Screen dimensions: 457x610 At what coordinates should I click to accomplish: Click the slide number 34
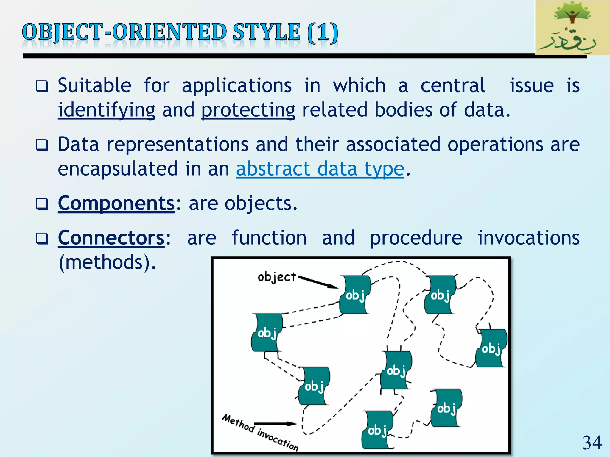pos(592,443)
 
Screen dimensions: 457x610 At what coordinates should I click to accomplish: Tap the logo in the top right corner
pos(572,28)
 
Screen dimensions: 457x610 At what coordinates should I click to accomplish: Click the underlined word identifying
pos(106,110)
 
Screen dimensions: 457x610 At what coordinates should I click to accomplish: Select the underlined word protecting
pos(248,110)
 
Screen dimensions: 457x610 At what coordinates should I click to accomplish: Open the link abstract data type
pos(320,169)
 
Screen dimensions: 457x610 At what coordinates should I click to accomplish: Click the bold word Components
pos(116,203)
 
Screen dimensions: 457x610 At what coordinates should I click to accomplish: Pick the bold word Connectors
pos(111,238)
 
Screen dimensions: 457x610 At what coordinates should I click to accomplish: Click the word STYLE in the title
pos(266,32)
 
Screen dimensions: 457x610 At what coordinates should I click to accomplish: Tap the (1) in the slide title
pos(323,32)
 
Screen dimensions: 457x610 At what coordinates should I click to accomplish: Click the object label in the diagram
pos(277,277)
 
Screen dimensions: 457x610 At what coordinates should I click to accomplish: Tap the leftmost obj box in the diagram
pos(267,332)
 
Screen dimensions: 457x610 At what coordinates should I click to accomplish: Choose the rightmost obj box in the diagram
pos(491,348)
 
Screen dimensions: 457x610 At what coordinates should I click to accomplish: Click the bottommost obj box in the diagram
pos(377,430)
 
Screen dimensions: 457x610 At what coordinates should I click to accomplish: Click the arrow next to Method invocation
pos(276,424)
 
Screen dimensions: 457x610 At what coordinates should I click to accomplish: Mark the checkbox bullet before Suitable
pos(42,86)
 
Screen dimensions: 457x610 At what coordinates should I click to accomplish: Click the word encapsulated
pos(118,169)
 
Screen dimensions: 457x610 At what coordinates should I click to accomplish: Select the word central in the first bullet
pos(453,86)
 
